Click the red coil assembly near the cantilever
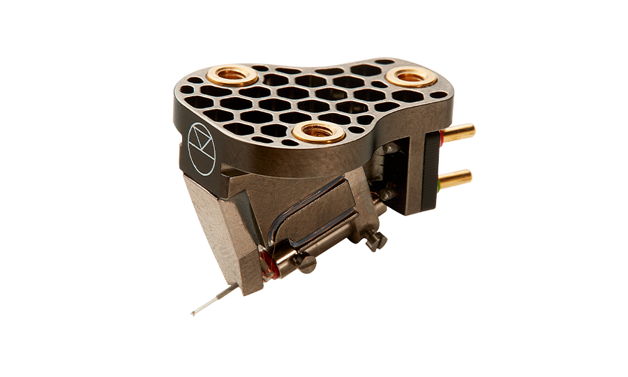click(265, 266)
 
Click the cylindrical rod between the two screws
click(342, 248)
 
